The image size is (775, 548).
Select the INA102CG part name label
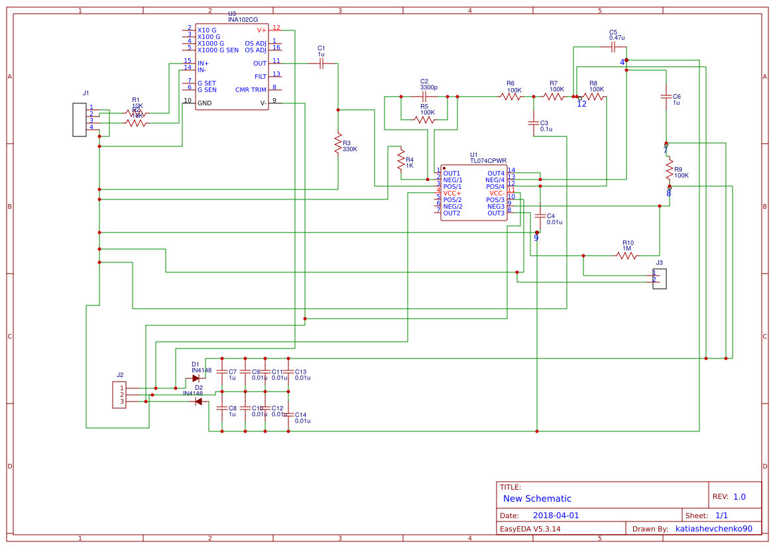click(x=243, y=20)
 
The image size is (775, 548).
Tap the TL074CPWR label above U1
click(x=488, y=160)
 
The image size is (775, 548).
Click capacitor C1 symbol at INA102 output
click(x=321, y=64)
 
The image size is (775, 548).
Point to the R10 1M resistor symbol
click(x=626, y=255)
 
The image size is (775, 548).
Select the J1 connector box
click(x=80, y=120)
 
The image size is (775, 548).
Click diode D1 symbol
click(x=196, y=378)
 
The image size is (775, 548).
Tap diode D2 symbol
click(x=198, y=402)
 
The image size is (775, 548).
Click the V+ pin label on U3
click(x=261, y=30)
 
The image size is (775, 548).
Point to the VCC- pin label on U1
click(x=497, y=193)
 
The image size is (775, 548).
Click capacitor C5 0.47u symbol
click(x=613, y=48)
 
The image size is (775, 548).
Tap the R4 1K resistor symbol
click(x=401, y=159)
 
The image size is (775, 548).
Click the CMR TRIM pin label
click(x=251, y=89)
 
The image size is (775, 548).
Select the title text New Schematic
click(x=537, y=498)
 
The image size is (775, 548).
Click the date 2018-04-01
click(x=556, y=515)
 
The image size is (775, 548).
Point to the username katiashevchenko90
click(x=713, y=529)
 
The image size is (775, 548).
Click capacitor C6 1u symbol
click(x=666, y=97)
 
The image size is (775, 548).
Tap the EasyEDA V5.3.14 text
click(x=530, y=529)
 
